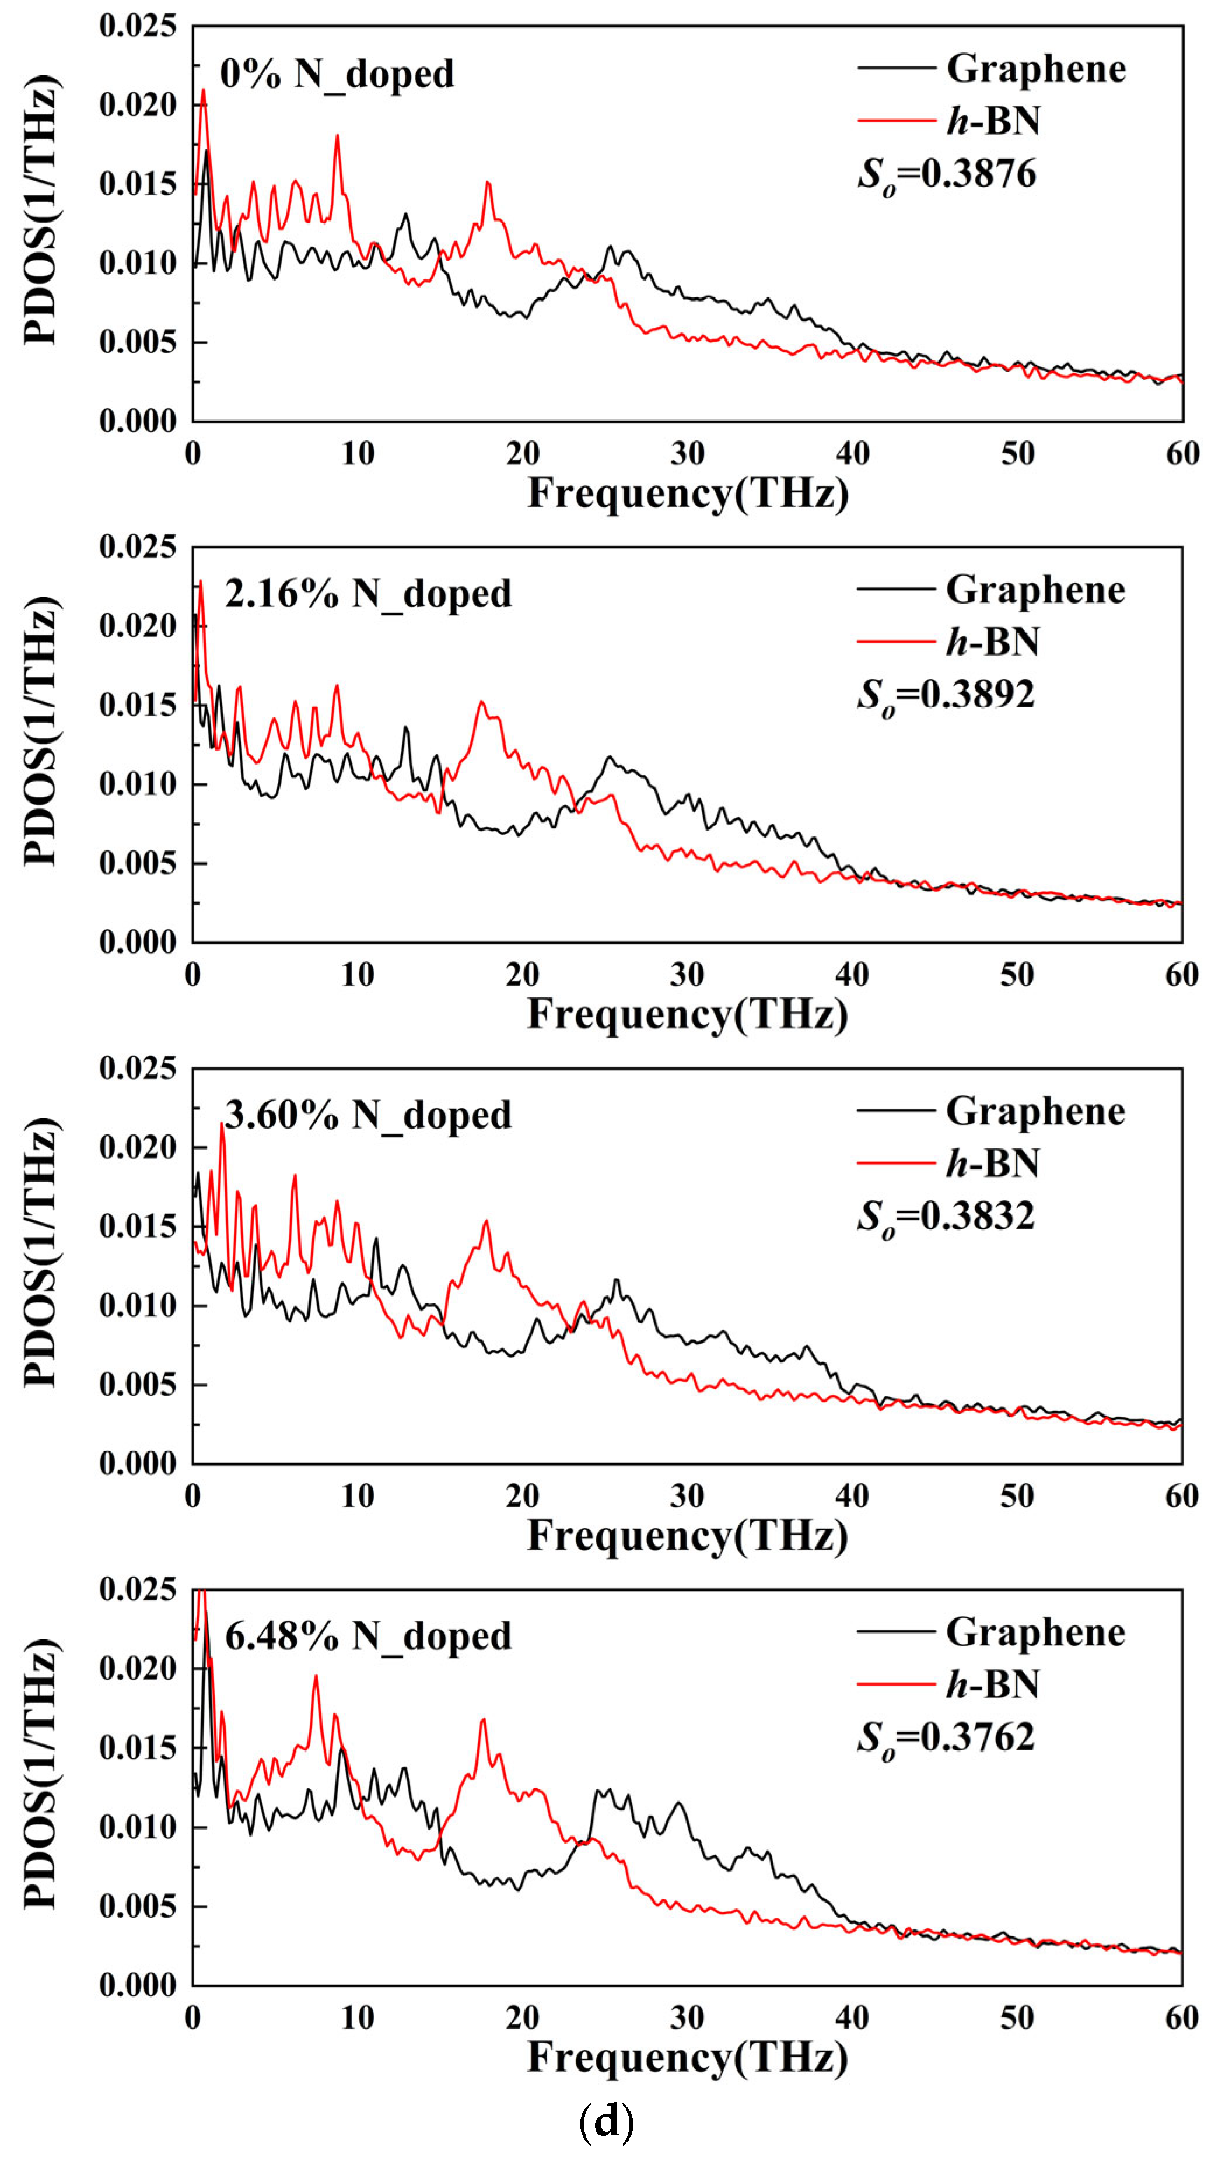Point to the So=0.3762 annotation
coord(946,1737)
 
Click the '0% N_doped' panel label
coord(337,75)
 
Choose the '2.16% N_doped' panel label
coord(367,595)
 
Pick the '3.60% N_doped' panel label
coord(367,1116)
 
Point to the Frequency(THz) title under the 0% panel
coord(687,493)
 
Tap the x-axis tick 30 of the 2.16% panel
coord(687,975)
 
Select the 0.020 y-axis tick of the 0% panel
coord(138,106)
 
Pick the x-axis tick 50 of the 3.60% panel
coord(1017,1496)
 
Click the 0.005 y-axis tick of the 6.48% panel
coord(138,1905)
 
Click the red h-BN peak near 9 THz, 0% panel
coord(337,136)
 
